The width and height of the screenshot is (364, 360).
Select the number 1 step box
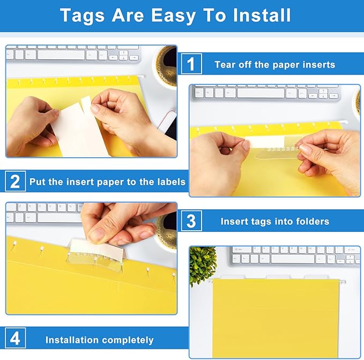coord(191,64)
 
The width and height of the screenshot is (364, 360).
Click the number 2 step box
coord(14,181)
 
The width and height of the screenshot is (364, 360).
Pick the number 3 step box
coord(191,221)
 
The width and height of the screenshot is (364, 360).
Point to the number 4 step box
coord(14,339)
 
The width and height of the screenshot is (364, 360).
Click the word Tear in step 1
coord(225,65)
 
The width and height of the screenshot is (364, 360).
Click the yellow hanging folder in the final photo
coord(276,317)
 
